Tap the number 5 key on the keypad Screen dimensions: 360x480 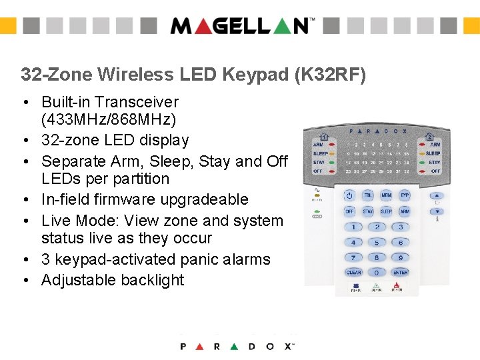[377, 243]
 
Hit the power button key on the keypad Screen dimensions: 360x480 [349, 196]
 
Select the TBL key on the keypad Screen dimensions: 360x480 [368, 196]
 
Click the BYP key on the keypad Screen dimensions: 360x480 [404, 196]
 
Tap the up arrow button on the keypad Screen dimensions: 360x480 [437, 196]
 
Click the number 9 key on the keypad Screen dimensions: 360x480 [400, 257]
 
